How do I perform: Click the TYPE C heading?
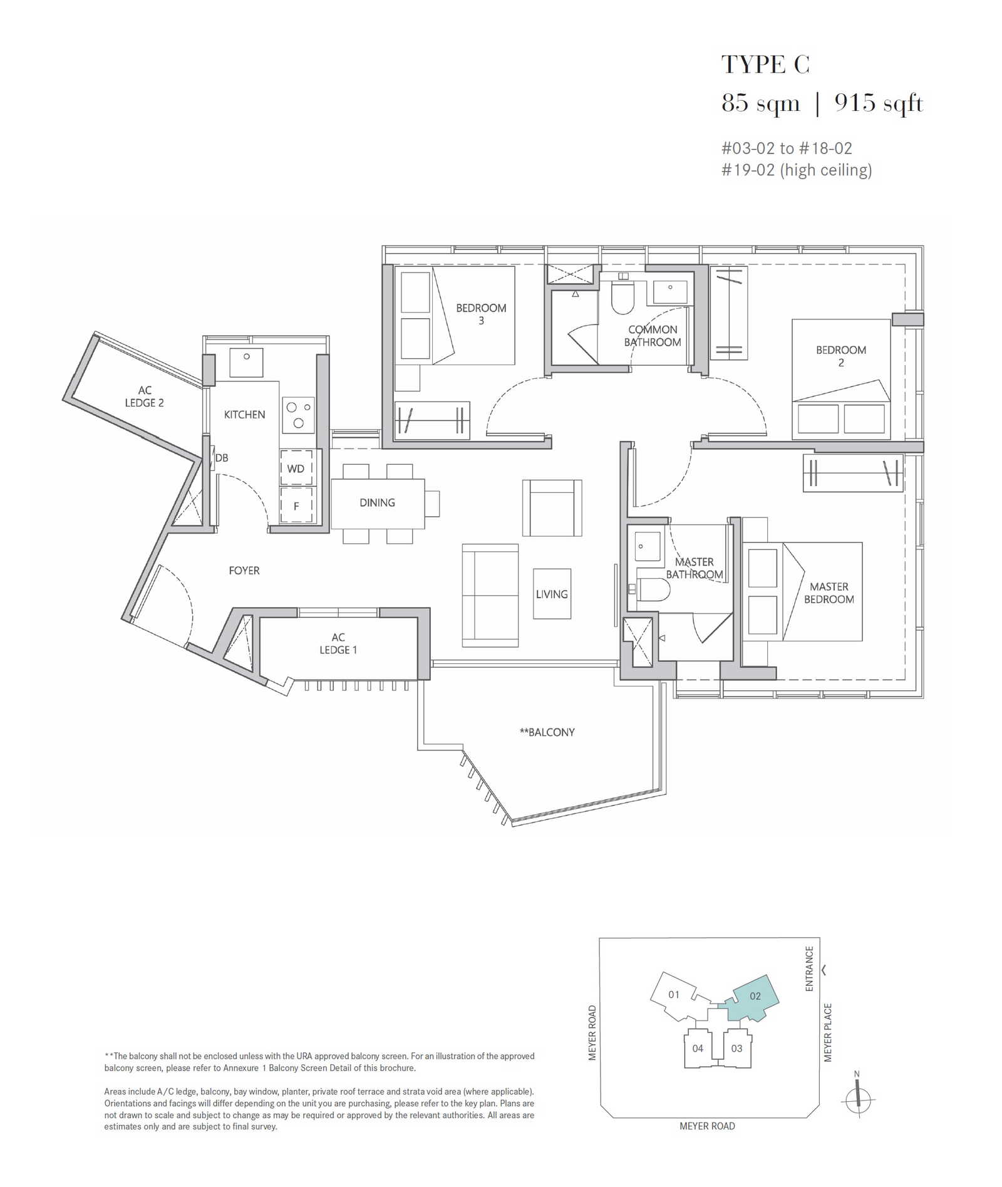tap(765, 65)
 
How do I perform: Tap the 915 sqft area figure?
tap(879, 103)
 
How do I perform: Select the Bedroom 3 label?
tap(481, 314)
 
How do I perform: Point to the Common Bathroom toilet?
tap(623, 298)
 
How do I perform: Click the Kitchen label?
tap(244, 415)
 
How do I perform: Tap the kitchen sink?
tap(246, 363)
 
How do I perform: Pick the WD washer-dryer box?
tap(296, 468)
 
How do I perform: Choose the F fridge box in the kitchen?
tap(296, 505)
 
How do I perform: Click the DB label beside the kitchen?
tap(222, 458)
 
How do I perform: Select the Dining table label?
tap(377, 502)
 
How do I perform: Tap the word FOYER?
tap(244, 571)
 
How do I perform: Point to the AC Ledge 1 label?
tap(338, 643)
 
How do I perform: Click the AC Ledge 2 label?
tap(144, 397)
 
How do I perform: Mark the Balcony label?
tap(547, 732)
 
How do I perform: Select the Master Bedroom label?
tap(829, 593)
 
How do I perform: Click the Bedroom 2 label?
tap(841, 356)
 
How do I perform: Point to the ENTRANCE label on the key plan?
tap(809, 968)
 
